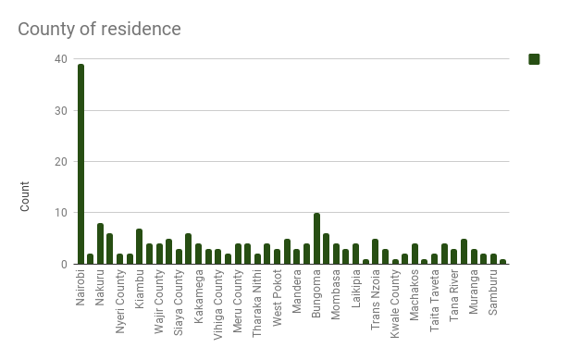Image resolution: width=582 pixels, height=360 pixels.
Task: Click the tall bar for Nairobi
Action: [80, 164]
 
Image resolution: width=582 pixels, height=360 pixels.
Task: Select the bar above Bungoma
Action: [316, 239]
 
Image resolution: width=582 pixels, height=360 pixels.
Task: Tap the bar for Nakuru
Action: [100, 243]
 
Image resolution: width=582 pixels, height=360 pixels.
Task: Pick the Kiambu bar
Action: [139, 246]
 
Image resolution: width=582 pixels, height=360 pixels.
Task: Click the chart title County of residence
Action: [100, 29]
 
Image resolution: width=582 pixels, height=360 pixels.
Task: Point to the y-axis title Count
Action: [24, 196]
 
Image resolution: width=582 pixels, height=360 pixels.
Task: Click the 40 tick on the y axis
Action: [61, 59]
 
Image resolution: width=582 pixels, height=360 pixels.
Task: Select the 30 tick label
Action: [61, 111]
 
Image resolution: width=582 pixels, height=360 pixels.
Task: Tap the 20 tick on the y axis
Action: [61, 162]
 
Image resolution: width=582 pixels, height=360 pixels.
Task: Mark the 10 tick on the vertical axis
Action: [61, 213]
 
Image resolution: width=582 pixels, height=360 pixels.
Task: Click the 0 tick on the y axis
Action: [64, 265]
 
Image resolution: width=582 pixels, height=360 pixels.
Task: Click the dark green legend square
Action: [534, 59]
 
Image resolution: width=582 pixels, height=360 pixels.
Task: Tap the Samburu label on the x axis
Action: [492, 292]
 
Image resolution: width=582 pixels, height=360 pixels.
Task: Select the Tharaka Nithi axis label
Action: [257, 304]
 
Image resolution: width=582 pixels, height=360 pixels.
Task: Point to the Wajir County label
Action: [158, 302]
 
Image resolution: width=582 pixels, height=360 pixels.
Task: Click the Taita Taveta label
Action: [434, 301]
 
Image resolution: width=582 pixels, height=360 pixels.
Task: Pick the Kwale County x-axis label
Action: [394, 304]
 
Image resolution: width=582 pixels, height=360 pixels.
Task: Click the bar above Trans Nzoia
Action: [376, 252]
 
